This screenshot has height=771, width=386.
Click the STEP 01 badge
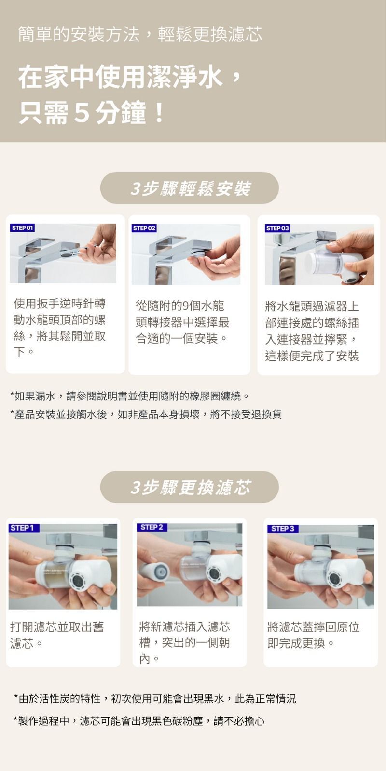click(x=22, y=228)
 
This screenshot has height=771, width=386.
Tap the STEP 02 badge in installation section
click(x=144, y=228)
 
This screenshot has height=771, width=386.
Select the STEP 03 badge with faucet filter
click(x=277, y=228)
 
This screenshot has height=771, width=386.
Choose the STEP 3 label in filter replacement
click(x=282, y=529)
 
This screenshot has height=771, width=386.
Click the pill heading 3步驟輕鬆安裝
click(x=190, y=188)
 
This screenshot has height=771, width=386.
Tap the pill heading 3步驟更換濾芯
click(x=190, y=487)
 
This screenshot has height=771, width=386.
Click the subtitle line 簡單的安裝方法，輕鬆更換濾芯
click(x=140, y=34)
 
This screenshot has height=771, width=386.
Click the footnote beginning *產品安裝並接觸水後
click(x=146, y=414)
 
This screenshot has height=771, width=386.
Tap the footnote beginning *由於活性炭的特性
click(x=154, y=698)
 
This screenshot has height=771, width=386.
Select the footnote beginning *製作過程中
click(x=139, y=721)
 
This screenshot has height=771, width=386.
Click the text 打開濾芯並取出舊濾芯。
click(x=57, y=635)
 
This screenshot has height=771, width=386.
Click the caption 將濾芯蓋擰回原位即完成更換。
click(x=313, y=635)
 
